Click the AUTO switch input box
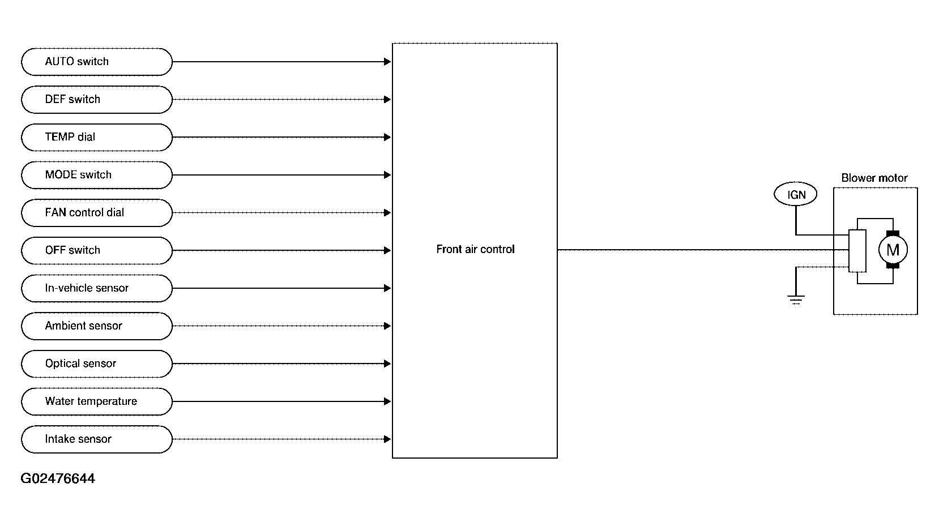[97, 62]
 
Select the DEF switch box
[97, 100]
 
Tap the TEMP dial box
[97, 138]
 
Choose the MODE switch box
[97, 175]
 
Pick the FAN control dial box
[97, 213]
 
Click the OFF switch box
[97, 251]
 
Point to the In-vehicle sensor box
[97, 288]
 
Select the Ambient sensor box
[97, 326]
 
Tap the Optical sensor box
[97, 364]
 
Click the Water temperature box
[97, 401]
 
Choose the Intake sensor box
[97, 439]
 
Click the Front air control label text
[475, 249]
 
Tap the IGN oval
[796, 194]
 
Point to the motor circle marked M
[893, 250]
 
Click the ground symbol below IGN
[796, 300]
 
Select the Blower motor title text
[874, 178]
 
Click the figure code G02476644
[58, 478]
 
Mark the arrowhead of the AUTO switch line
[387, 62]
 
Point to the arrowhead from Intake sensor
[387, 439]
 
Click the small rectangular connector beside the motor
[857, 251]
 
